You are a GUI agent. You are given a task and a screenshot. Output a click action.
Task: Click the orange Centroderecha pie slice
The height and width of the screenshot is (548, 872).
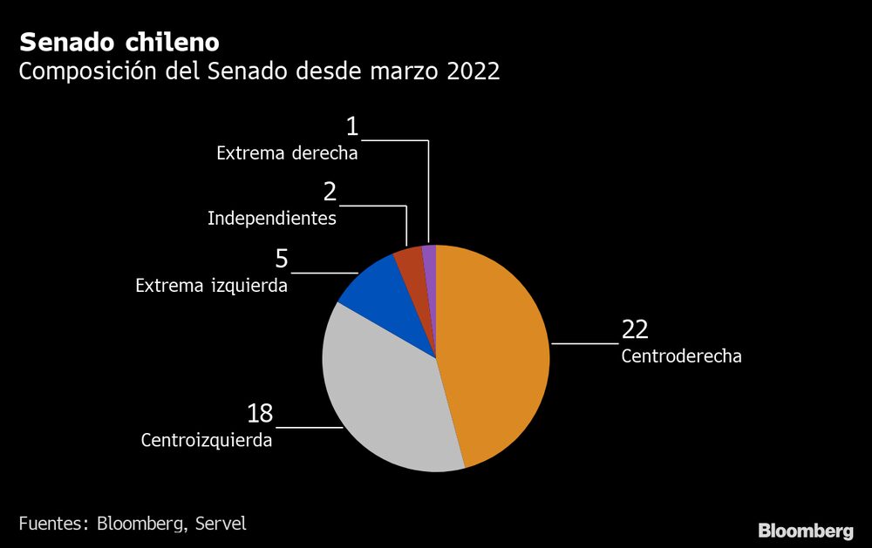tap(497, 357)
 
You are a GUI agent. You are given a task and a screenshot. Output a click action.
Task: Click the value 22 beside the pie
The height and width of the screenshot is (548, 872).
tap(635, 330)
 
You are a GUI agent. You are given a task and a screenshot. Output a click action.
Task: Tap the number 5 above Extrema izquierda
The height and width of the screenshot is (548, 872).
tap(281, 259)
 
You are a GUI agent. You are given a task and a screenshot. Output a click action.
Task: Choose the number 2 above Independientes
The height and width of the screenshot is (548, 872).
tap(330, 192)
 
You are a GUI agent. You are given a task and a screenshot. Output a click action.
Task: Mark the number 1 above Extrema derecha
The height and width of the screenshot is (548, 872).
tap(351, 127)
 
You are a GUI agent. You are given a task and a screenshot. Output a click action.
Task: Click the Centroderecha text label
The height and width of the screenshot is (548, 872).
tap(681, 355)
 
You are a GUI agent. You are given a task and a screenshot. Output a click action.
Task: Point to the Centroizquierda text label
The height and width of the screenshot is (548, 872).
tap(207, 440)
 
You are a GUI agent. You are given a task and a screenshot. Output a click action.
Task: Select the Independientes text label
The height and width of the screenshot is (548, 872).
tap(272, 218)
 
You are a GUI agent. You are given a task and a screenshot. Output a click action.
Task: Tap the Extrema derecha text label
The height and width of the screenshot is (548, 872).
tap(287, 153)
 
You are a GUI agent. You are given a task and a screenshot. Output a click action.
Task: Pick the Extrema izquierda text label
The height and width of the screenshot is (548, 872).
tap(211, 285)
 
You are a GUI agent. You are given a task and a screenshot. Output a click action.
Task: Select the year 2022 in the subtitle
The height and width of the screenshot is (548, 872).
tap(473, 71)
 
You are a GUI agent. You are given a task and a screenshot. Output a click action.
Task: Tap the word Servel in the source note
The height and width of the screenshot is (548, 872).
tap(221, 524)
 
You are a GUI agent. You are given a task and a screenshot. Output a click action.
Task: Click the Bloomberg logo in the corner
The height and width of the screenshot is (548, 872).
tap(805, 530)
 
